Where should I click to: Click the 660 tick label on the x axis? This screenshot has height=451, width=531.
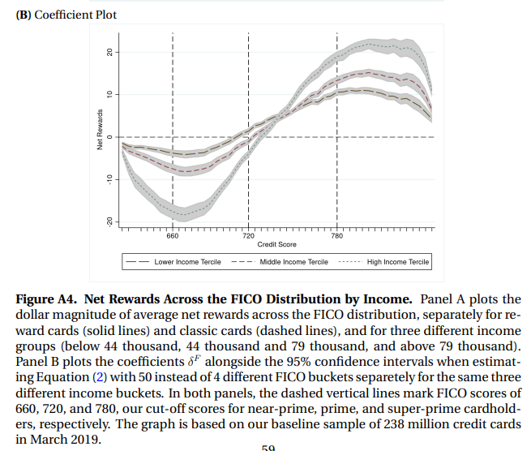click(x=172, y=235)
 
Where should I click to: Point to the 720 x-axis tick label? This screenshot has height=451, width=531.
click(x=249, y=235)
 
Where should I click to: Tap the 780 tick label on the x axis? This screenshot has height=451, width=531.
click(x=337, y=235)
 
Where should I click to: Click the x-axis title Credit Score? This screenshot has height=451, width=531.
click(x=276, y=244)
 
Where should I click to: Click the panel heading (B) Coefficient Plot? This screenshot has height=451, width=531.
click(x=56, y=16)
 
